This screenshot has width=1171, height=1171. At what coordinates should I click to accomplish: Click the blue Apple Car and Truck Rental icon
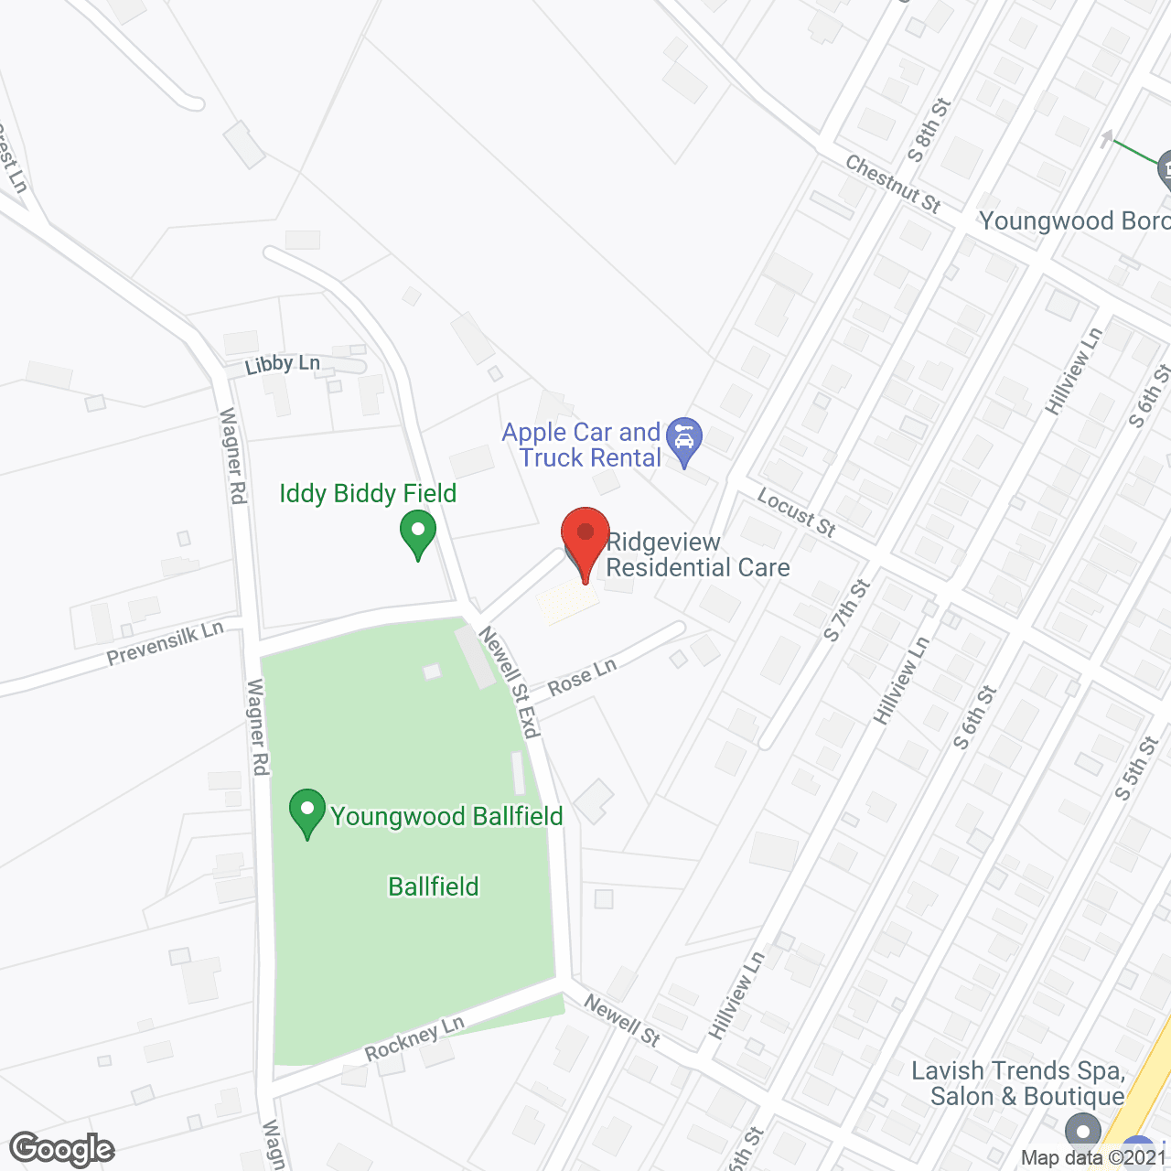(x=683, y=440)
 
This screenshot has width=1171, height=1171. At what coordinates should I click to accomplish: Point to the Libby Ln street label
(x=282, y=364)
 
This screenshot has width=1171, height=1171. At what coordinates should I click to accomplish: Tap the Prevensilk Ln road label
(x=165, y=643)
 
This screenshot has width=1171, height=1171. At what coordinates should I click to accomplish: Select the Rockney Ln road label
(x=414, y=1039)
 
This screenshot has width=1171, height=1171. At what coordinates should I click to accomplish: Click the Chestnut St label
(x=893, y=184)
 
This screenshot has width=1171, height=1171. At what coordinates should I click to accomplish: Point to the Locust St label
(x=797, y=512)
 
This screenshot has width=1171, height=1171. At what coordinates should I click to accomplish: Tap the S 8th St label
(x=929, y=131)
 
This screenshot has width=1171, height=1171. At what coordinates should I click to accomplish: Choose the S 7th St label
(x=846, y=610)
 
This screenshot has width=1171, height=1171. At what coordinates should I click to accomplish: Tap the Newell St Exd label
(x=510, y=682)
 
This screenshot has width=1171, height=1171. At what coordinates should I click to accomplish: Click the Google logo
(x=62, y=1149)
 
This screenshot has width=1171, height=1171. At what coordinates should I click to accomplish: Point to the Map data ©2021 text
(x=1094, y=1158)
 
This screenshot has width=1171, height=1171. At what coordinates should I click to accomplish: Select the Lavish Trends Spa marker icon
(x=1083, y=1132)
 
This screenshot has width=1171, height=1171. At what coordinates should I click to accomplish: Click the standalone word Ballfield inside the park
(x=434, y=886)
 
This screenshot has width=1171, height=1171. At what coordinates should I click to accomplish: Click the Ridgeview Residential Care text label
(x=697, y=555)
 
